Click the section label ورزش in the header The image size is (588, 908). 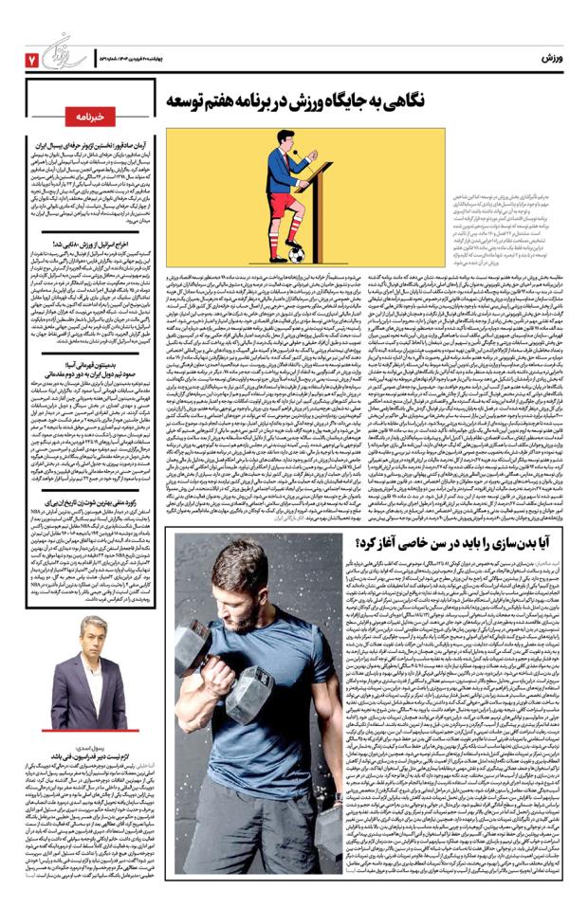pyautogui.click(x=554, y=59)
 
